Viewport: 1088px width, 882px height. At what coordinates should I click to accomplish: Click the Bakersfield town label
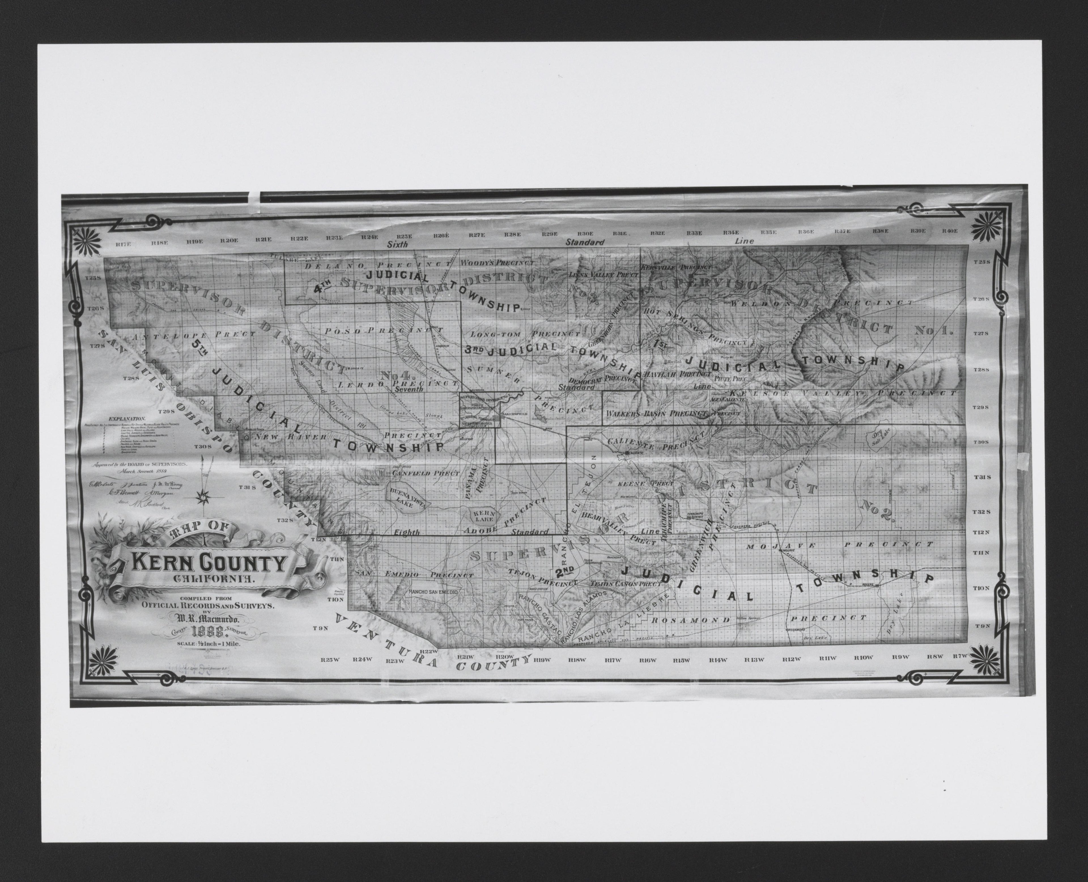515,414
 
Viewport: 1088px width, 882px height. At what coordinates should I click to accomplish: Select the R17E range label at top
124,244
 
